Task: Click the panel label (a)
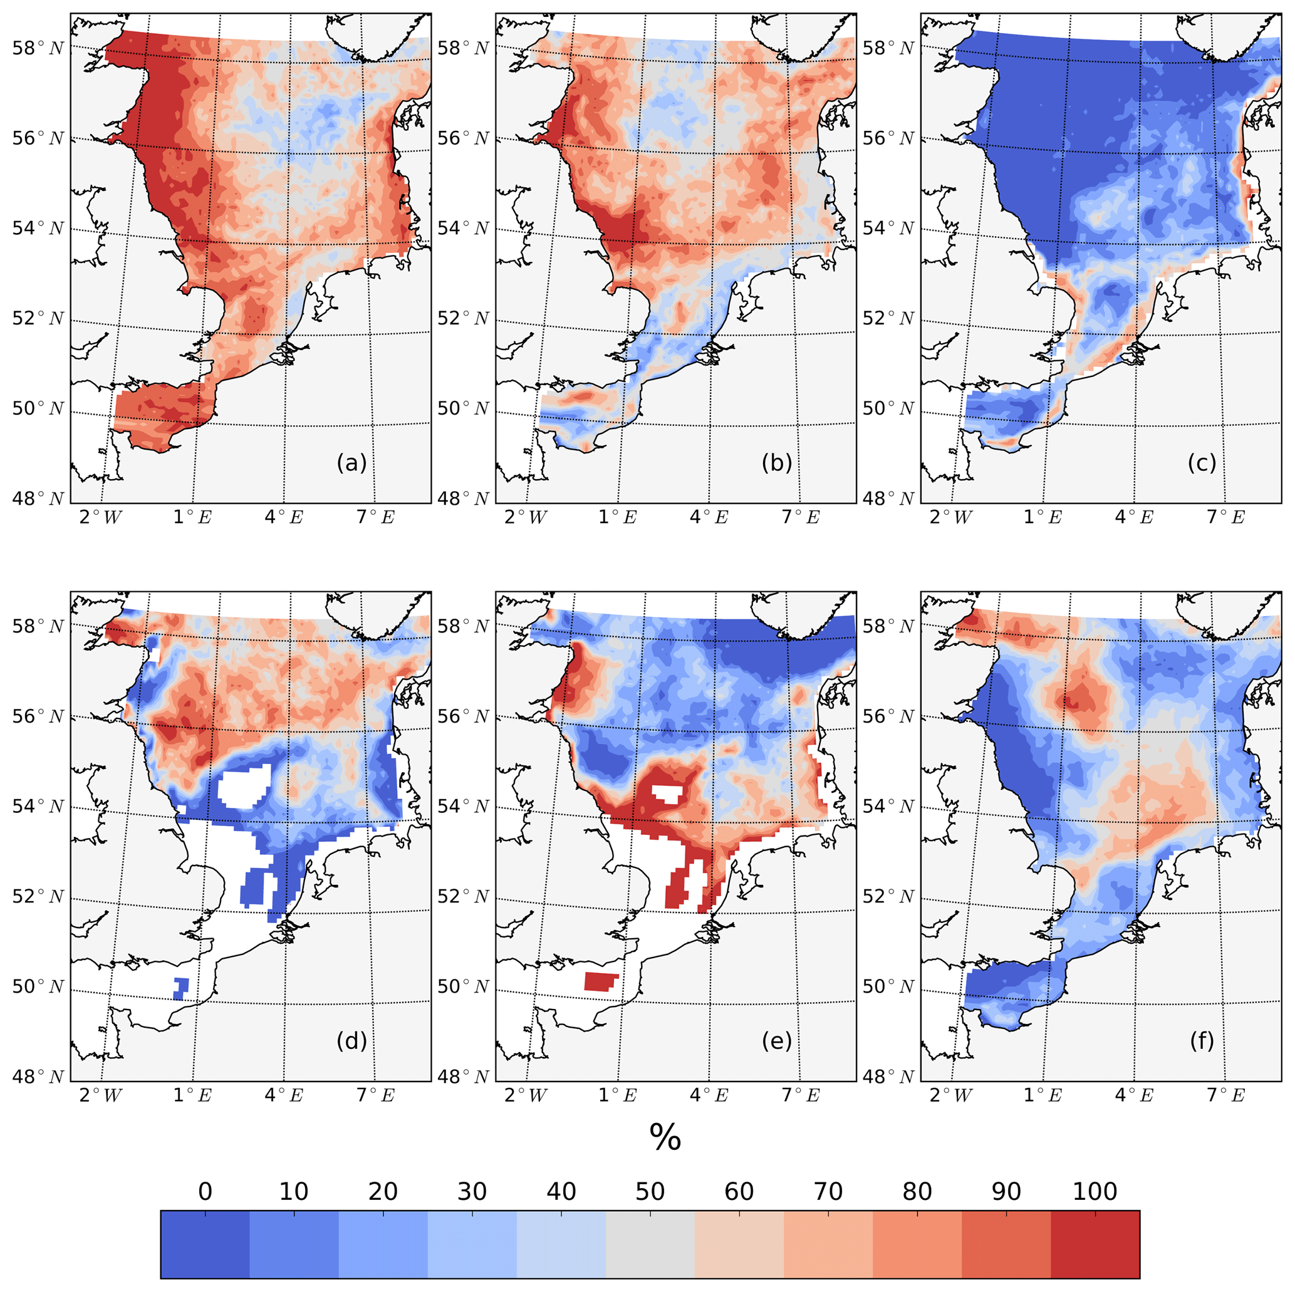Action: [x=351, y=463]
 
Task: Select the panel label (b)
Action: [x=777, y=463]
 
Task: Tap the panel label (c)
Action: [x=1202, y=463]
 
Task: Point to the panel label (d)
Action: [x=351, y=1041]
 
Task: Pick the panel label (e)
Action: [x=777, y=1041]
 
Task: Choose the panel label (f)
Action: [x=1202, y=1041]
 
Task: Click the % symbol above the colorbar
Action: [x=665, y=1137]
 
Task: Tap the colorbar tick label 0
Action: [x=205, y=1191]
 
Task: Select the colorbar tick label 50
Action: [x=650, y=1191]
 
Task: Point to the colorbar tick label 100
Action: [x=1095, y=1191]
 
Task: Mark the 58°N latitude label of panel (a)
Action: [x=38, y=48]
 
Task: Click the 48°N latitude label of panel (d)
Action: [x=38, y=1076]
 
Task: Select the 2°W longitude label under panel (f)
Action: [x=950, y=1095]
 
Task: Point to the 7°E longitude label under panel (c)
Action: [x=1225, y=517]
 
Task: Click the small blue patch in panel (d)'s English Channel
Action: [x=181, y=988]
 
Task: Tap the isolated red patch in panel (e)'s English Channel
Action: [x=601, y=982]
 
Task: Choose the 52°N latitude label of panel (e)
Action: [x=463, y=897]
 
